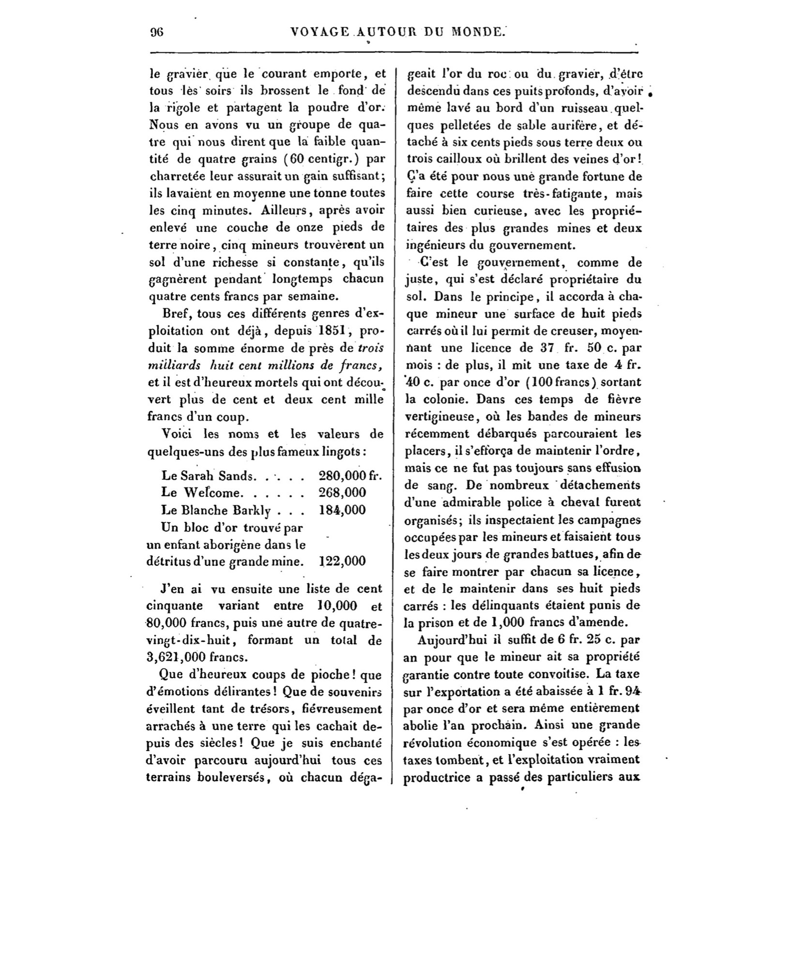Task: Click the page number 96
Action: coord(157,32)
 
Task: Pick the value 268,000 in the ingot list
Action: coord(342,493)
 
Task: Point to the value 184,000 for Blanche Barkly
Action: coord(342,510)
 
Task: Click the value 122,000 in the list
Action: coord(342,561)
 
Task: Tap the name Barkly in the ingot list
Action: coord(253,510)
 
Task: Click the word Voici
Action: coord(179,434)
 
